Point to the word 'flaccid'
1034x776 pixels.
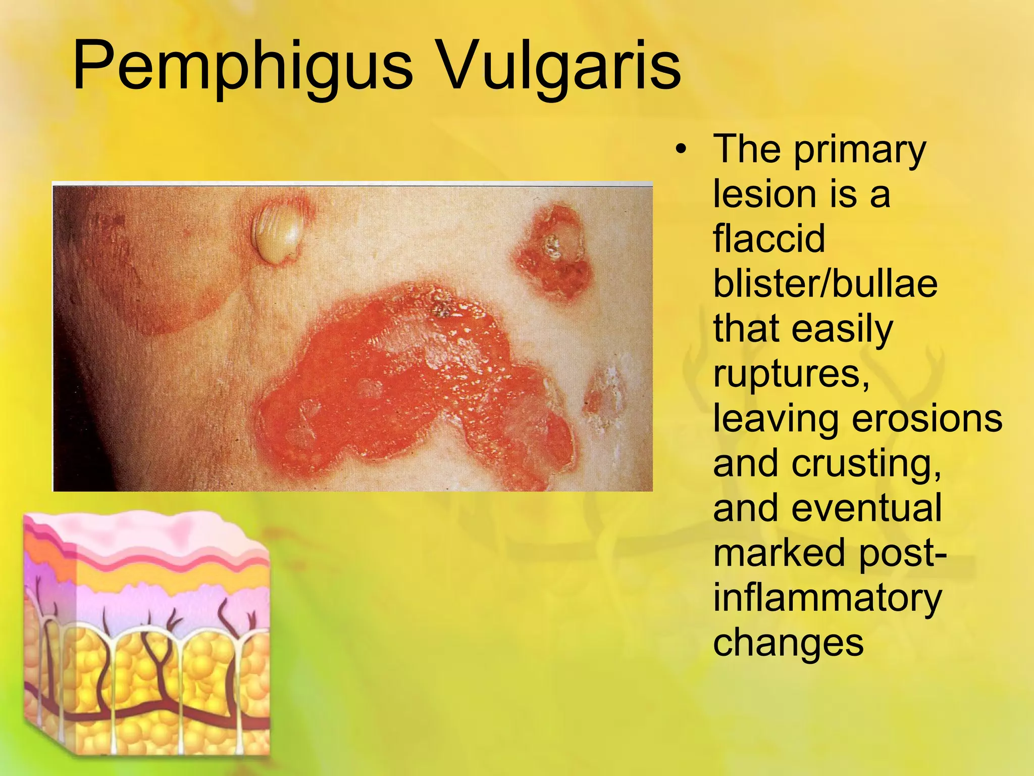769,238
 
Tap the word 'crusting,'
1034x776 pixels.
866,463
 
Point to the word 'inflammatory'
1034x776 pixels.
827,598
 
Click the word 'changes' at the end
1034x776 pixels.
788,643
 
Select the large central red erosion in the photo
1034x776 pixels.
404,384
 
